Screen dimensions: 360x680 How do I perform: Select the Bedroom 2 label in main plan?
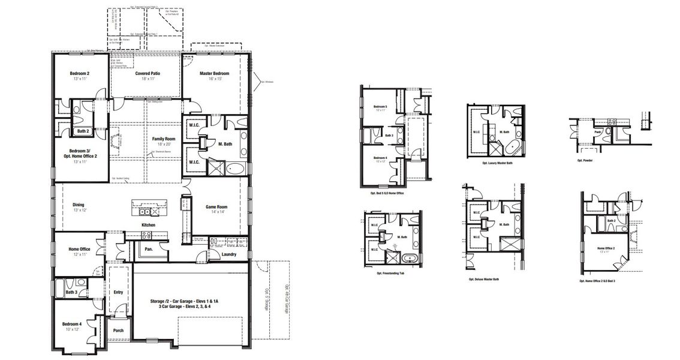80,74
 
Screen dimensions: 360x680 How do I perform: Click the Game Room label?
215,207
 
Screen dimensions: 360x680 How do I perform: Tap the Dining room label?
79,204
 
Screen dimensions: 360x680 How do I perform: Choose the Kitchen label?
149,225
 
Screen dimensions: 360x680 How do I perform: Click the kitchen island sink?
144,211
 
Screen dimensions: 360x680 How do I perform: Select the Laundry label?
228,254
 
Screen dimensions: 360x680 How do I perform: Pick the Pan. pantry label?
148,248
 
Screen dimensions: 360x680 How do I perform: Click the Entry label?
118,292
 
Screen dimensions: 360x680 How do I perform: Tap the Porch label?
118,331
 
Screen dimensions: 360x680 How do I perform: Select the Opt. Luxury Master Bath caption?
497,163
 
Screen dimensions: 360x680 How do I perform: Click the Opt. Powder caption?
585,160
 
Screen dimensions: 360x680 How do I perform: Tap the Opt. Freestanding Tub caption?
392,273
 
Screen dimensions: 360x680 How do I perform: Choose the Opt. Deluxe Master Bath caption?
484,279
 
